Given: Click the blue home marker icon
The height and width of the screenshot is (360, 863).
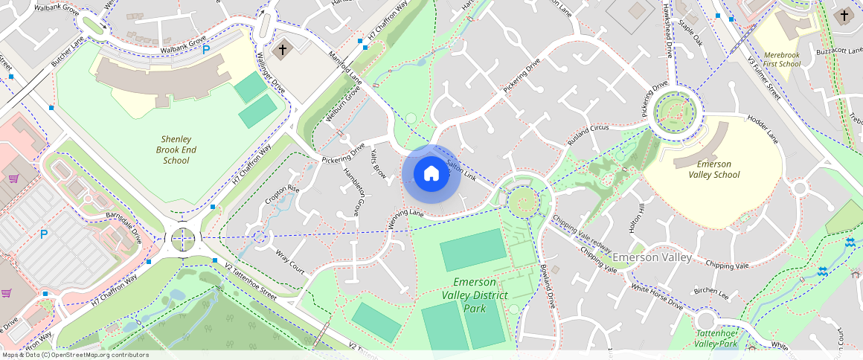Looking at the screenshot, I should point(431,174).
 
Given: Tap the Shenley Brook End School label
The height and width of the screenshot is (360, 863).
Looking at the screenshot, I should point(176,150).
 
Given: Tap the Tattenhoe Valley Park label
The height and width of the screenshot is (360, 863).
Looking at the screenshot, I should point(716,338).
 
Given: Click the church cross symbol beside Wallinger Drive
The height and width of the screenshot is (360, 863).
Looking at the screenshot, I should point(281,51).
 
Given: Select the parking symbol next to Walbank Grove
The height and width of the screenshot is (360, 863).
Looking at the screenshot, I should point(206,50).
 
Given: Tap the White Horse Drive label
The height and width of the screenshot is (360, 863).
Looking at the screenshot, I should point(656,296).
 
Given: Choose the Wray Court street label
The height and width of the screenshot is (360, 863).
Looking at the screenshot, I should point(290,261).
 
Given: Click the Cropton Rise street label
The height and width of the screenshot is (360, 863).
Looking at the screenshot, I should point(283,196).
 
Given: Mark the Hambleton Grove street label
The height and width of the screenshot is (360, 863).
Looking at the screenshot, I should point(353,193).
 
